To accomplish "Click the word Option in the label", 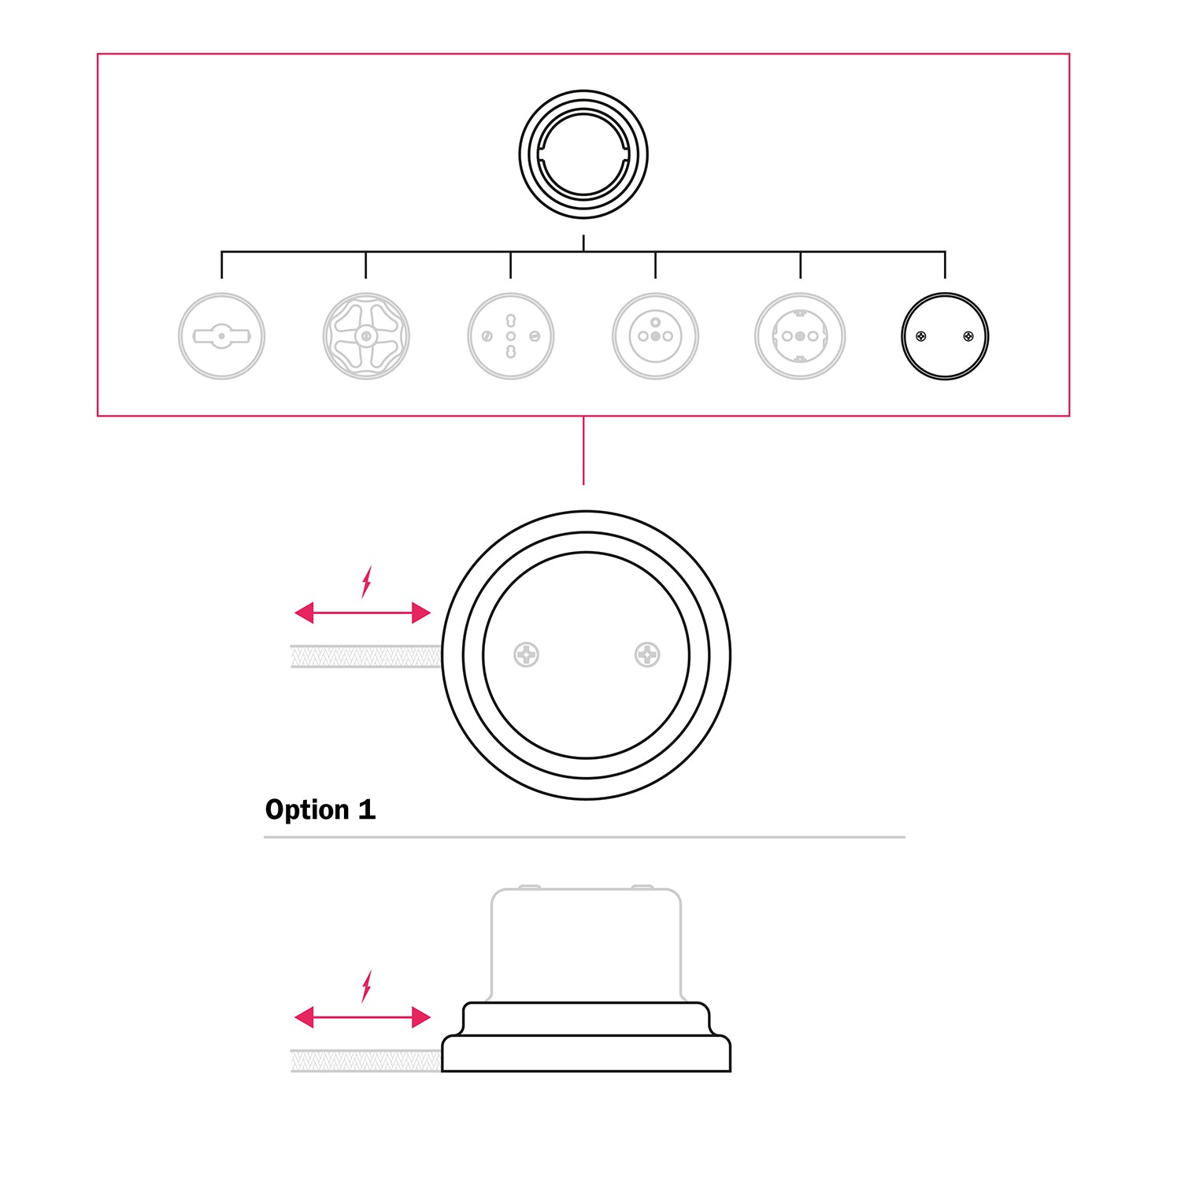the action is click(x=307, y=810).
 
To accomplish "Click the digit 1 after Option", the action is click(x=367, y=809).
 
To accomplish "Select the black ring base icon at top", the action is click(x=583, y=154).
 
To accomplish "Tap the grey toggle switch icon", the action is click(x=221, y=336).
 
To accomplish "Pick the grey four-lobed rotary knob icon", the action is click(x=366, y=336).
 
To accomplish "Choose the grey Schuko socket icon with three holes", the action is click(x=800, y=336).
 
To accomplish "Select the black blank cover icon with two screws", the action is click(x=945, y=336).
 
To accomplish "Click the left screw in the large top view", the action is click(x=526, y=654).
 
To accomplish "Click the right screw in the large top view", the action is click(x=647, y=654).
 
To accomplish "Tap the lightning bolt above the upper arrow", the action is click(x=366, y=581).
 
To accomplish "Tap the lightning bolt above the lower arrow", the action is click(x=366, y=986).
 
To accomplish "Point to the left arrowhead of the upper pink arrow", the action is click(x=304, y=613).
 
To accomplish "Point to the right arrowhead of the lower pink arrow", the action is click(x=421, y=1017).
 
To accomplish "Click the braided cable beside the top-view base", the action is click(x=366, y=656).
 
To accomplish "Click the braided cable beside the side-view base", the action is click(x=366, y=1061).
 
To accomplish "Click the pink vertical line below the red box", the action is click(x=583, y=450).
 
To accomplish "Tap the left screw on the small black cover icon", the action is click(x=921, y=336).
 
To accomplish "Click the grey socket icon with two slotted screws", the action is click(x=511, y=336).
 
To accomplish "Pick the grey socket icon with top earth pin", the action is click(x=655, y=336).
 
